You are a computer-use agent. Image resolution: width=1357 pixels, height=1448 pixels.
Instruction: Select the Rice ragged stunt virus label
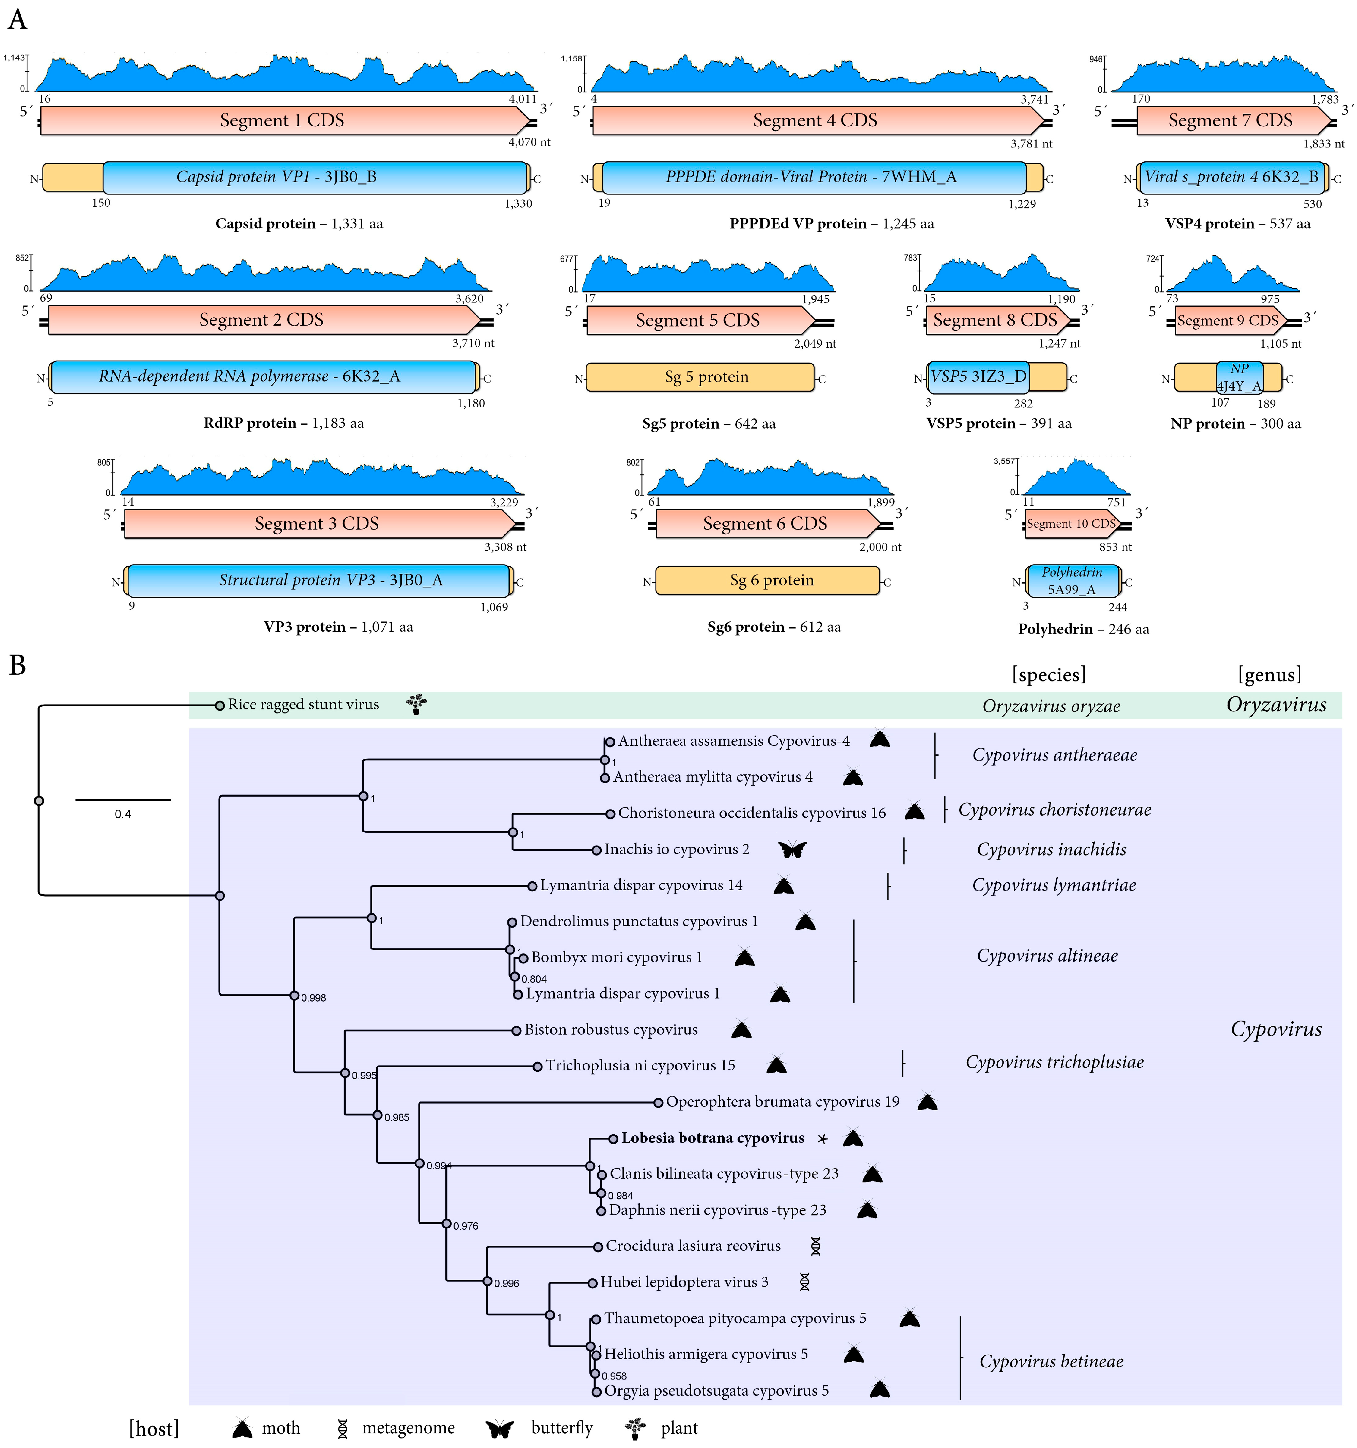pos(303,704)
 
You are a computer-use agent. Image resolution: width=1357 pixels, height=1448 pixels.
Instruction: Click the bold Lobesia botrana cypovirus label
pos(712,1138)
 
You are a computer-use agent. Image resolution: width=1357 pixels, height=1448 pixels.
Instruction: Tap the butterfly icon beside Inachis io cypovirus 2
pos(792,849)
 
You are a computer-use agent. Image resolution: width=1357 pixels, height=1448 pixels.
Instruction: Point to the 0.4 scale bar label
pos(123,814)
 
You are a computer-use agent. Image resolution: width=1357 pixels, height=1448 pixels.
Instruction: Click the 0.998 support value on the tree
pos(313,998)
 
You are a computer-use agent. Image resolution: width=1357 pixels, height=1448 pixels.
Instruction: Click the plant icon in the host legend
pos(635,1428)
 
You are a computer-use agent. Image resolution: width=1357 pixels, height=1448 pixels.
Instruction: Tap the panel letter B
pos(17,665)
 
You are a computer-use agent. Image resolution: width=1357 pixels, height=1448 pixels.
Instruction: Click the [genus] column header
pos(1269,675)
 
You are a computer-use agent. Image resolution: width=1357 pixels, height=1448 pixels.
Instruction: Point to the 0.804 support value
pos(534,979)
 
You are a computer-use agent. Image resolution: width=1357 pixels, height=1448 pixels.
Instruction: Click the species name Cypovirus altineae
pos(1047,956)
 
